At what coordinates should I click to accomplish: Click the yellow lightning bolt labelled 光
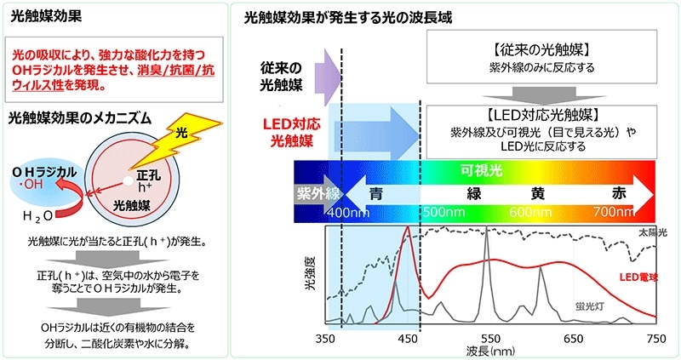[x=174, y=140]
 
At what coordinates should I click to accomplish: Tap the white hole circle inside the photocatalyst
[x=128, y=180]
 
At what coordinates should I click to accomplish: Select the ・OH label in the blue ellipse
[x=31, y=185]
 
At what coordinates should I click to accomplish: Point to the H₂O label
[x=37, y=215]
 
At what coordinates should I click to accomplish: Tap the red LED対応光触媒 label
[x=291, y=133]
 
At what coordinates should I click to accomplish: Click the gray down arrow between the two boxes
[x=543, y=96]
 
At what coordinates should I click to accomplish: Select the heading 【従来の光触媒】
[x=541, y=50]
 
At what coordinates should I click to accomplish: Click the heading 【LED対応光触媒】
[x=542, y=115]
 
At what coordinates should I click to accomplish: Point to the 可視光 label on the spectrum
[x=481, y=170]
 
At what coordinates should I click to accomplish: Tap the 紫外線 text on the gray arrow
[x=318, y=194]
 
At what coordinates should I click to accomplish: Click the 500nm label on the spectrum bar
[x=444, y=212]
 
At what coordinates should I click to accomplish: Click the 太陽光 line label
[x=652, y=232]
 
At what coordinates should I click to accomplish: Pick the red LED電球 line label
[x=638, y=277]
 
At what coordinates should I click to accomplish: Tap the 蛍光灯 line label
[x=590, y=306]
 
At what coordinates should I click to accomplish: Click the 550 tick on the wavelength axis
[x=490, y=339]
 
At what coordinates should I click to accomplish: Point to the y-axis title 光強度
[x=310, y=273]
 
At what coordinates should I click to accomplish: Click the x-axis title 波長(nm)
[x=490, y=351]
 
